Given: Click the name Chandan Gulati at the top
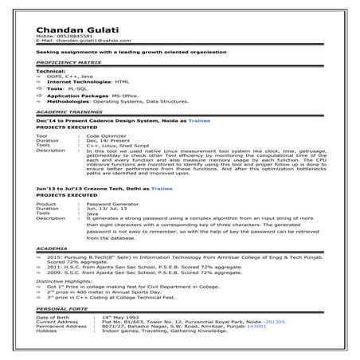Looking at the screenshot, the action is coord(72,29).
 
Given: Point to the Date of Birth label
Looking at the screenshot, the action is coord(53,316).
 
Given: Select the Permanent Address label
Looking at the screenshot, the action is coord(61,325).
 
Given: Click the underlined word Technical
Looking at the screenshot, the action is coord(49,70).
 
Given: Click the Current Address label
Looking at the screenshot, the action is coord(57,320).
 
